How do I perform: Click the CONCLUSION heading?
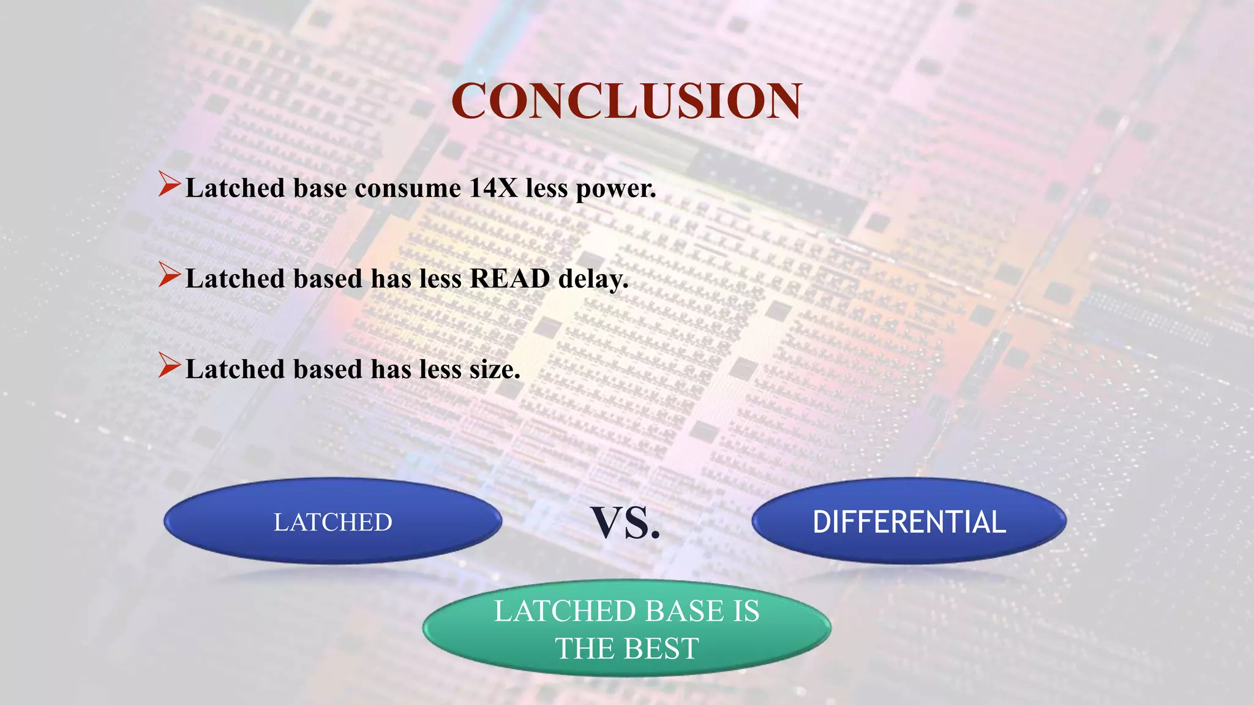[x=626, y=101]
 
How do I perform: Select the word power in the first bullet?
[x=615, y=189]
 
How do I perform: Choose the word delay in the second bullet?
[x=593, y=279]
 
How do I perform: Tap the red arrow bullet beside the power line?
[x=169, y=184]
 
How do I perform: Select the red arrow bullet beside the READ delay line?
[x=169, y=275]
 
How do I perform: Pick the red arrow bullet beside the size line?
[x=169, y=365]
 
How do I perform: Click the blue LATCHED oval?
[x=332, y=521]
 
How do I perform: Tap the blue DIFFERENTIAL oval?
[x=909, y=521]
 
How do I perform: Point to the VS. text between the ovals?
[x=626, y=523]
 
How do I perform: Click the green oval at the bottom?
[x=626, y=628]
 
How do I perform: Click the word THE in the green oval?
[x=584, y=649]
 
